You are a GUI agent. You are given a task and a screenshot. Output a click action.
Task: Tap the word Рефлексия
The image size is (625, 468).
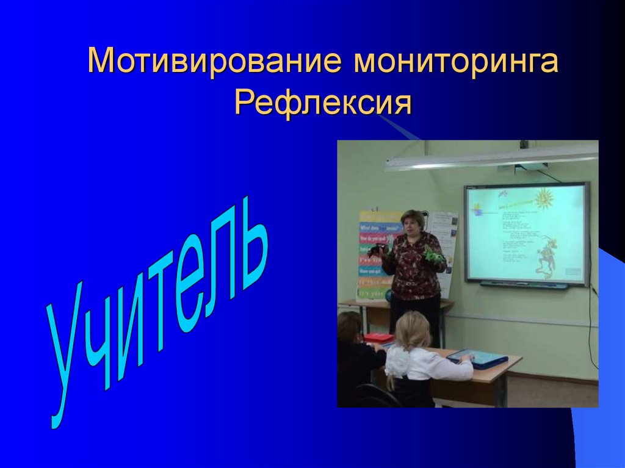[x=323, y=103]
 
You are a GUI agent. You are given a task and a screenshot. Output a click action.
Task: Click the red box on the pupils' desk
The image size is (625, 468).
[x=378, y=337]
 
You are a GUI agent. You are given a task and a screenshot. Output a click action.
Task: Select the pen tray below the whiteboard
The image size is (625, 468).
[x=523, y=284]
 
